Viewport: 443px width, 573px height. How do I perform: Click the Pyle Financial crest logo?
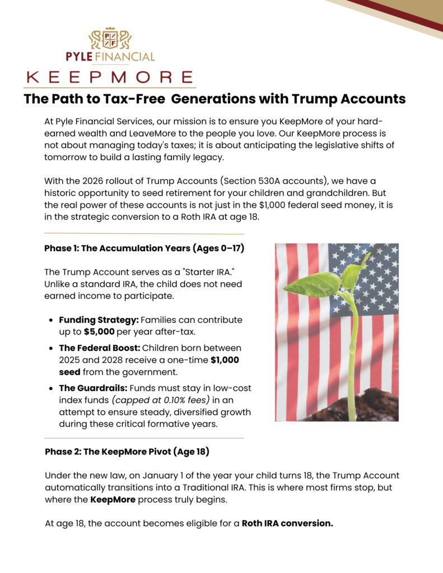coord(110,39)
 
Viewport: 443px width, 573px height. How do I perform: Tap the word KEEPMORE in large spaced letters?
coord(110,77)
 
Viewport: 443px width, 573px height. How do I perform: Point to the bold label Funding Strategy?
coord(98,320)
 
